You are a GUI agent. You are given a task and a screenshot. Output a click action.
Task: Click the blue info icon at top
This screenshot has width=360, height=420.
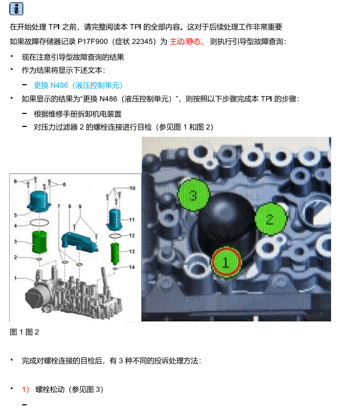16,8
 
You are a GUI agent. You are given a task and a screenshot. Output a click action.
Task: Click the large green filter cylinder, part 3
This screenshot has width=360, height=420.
39,241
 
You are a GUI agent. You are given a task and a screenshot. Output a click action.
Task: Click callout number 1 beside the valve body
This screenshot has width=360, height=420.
15,278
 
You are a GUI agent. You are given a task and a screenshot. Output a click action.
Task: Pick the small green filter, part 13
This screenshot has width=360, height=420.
116,252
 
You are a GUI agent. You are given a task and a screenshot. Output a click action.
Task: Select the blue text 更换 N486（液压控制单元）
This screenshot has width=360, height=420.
79,85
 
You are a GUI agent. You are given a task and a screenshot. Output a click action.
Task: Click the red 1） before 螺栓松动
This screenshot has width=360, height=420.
26,390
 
